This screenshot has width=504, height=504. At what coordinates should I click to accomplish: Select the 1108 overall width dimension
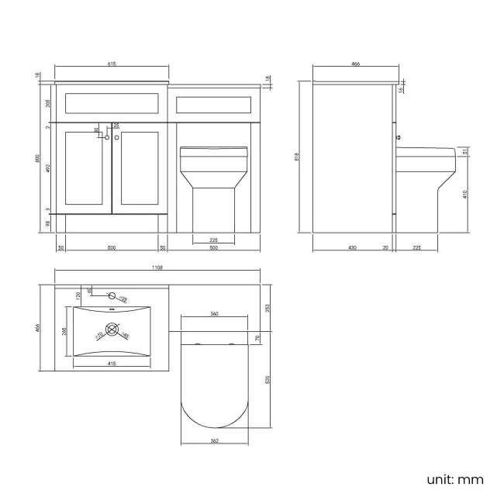[x=157, y=268]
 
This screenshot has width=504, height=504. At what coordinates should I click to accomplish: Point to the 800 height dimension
[x=36, y=157]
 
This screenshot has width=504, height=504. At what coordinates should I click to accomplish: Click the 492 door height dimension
[x=49, y=167]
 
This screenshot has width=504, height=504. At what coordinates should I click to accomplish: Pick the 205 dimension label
[x=49, y=103]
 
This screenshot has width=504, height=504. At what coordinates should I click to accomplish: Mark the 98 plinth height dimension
[x=49, y=223]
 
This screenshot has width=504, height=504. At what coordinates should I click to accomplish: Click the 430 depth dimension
[x=352, y=247]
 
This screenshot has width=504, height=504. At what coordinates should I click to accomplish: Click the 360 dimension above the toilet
[x=214, y=314]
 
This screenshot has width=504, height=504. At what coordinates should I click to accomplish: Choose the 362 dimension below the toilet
[x=214, y=441]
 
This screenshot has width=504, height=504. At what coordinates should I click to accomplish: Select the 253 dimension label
[x=268, y=308]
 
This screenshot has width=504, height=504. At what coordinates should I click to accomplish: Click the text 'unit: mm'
[x=454, y=479]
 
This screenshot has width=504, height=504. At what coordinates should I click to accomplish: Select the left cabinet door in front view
[x=88, y=171]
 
